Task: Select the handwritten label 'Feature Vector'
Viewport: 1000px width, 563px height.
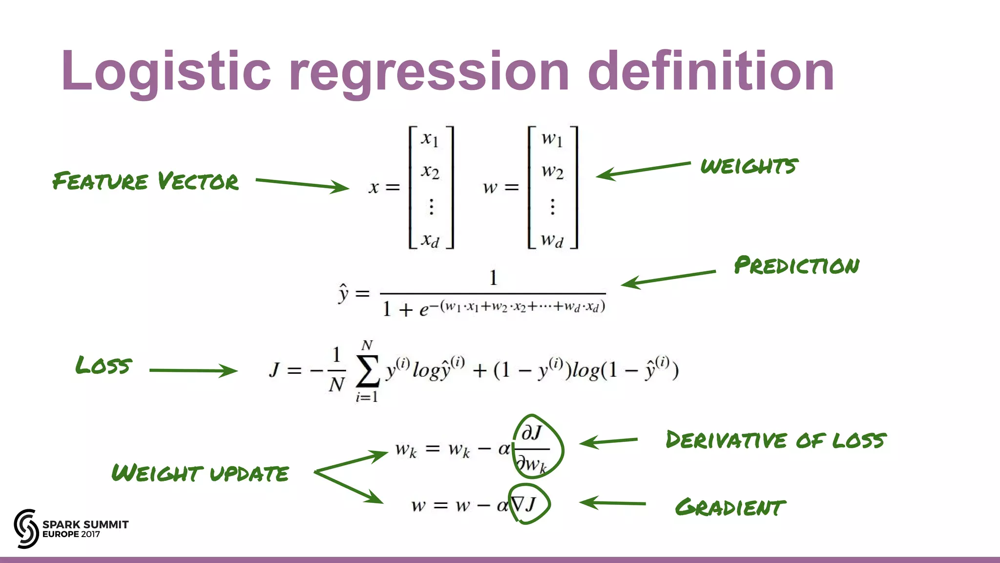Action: coord(146,181)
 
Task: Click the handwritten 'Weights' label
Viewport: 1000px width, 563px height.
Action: coord(749,166)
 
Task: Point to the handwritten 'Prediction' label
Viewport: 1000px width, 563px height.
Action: coord(796,265)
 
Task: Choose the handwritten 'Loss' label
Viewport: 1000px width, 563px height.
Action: coord(104,366)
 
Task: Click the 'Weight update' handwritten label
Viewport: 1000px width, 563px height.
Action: coord(200,473)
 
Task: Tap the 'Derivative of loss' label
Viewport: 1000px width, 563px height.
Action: coord(776,440)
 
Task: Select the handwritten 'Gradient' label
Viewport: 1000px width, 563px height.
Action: coord(730,507)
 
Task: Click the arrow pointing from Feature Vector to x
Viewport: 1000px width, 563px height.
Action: coord(302,184)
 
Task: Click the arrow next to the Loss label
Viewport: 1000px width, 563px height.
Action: coord(193,370)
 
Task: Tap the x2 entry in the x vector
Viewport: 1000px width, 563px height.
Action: coord(430,172)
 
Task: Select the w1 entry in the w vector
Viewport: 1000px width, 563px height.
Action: coord(552,139)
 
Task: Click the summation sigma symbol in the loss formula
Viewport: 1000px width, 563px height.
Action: coord(367,371)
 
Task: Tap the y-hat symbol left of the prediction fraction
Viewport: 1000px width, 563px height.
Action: coord(344,293)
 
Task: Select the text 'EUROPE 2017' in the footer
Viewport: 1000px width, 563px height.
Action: coord(71,534)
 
